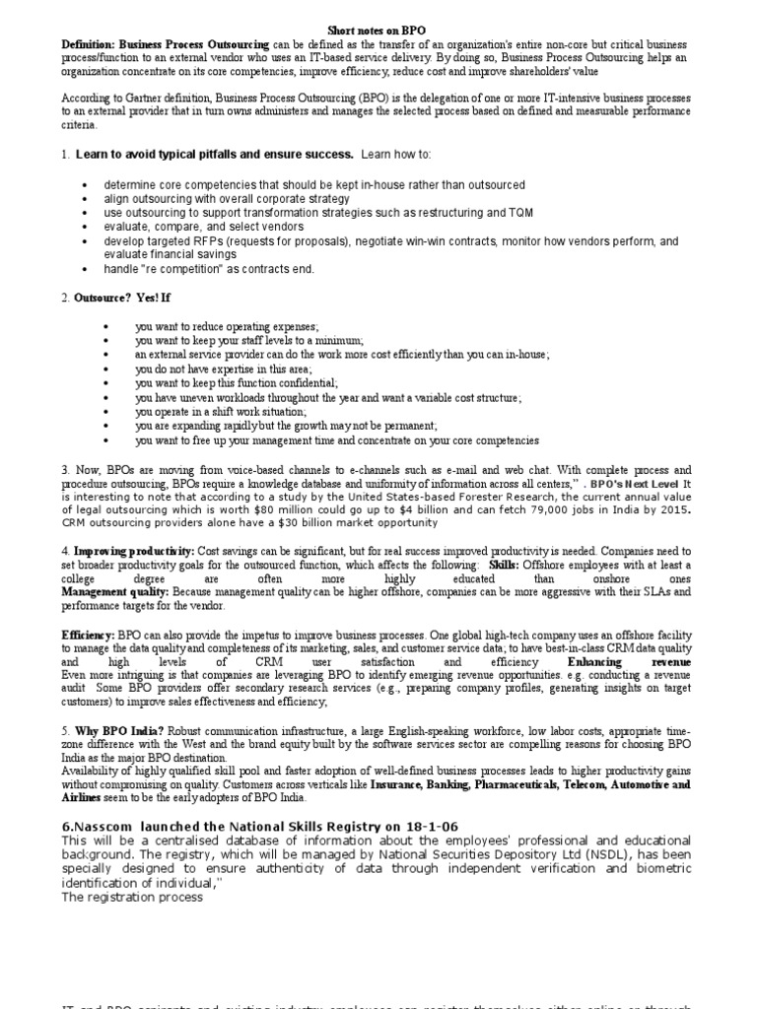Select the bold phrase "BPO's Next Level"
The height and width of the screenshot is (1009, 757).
pos(633,485)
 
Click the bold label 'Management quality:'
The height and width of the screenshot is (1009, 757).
pos(115,591)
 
